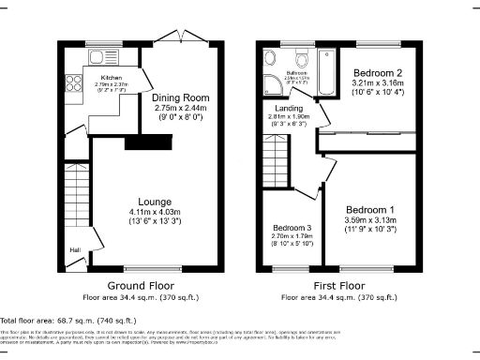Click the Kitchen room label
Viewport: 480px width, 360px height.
[x=112, y=80]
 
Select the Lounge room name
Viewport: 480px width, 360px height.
[x=154, y=202]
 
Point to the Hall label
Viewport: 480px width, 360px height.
[x=74, y=249]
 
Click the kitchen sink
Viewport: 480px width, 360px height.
[x=97, y=56]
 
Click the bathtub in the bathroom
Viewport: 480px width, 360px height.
[x=326, y=73]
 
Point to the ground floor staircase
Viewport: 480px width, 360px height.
[x=75, y=192]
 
